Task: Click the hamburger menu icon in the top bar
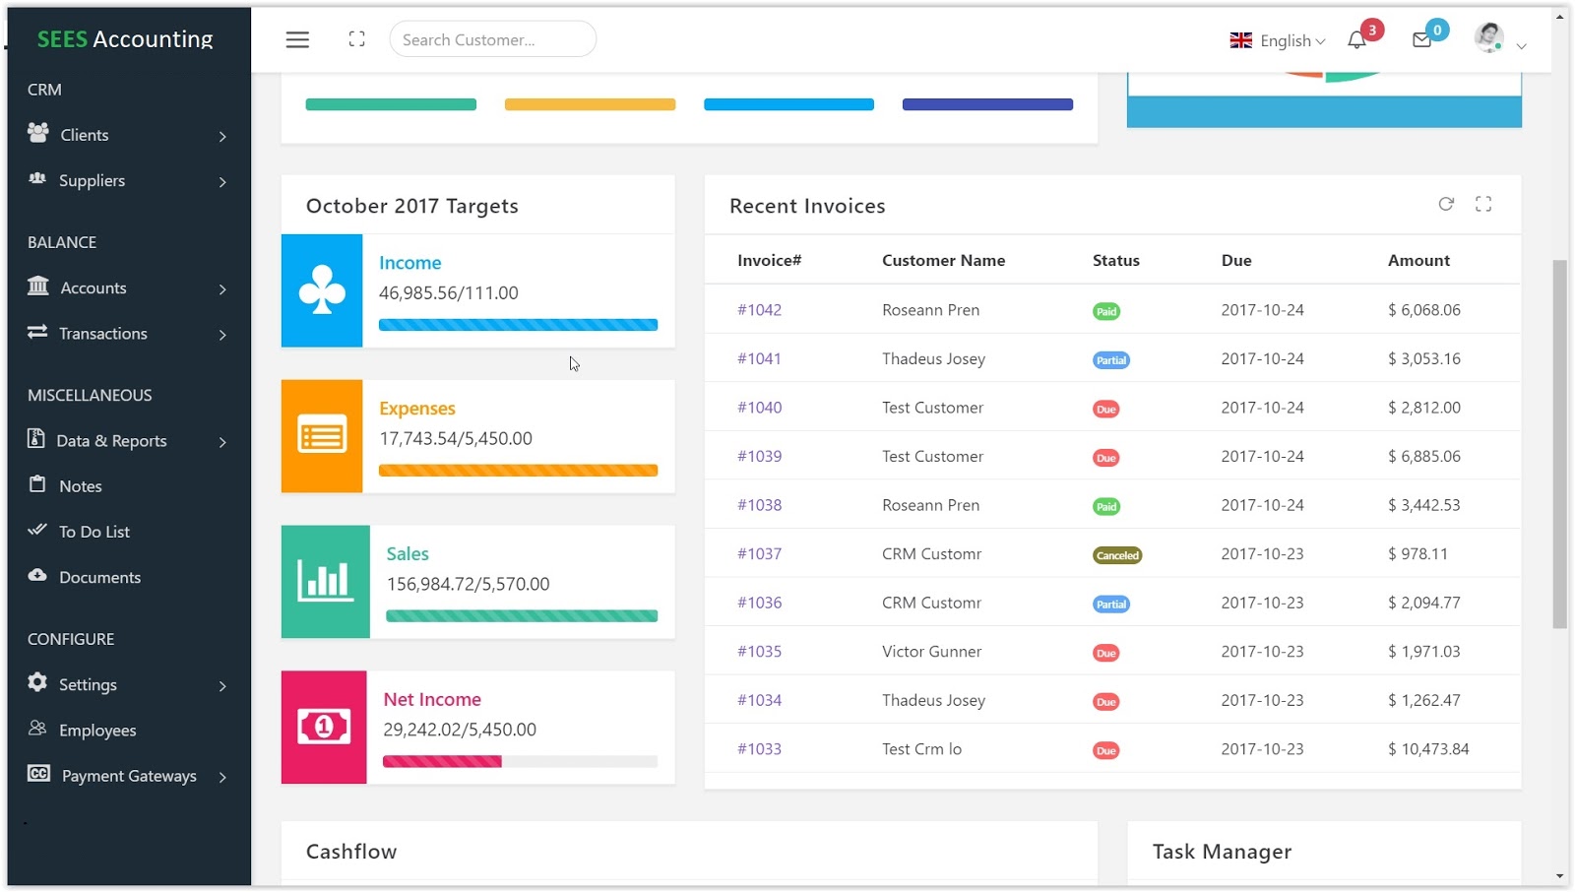[297, 39]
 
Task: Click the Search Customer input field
[492, 39]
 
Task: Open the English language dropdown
[1278, 40]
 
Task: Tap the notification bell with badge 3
[1357, 40]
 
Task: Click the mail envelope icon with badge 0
[1421, 40]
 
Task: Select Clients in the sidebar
[85, 135]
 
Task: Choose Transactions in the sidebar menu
[102, 334]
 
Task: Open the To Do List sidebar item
[94, 532]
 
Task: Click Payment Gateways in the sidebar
[129, 776]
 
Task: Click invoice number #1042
[759, 310]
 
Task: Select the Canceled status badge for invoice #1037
[1117, 555]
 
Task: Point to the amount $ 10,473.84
[1427, 749]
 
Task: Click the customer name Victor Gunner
[931, 652]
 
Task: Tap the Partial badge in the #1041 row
[1110, 360]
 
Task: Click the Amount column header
[1417, 261]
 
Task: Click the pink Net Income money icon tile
[324, 728]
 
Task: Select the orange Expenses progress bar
[518, 471]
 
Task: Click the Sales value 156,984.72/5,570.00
[468, 584]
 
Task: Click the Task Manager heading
[1222, 852]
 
